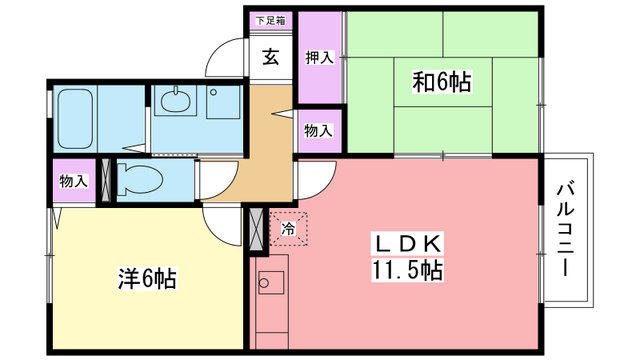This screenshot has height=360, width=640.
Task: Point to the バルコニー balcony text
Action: click(x=566, y=229)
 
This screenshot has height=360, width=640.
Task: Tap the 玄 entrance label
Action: click(x=270, y=57)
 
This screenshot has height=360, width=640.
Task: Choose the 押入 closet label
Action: click(x=320, y=57)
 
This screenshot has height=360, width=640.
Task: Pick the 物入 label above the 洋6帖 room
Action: click(x=73, y=181)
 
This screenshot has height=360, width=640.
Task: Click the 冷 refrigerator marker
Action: click(x=288, y=229)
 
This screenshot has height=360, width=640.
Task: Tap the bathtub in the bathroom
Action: click(x=74, y=118)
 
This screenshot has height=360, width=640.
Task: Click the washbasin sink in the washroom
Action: click(x=176, y=100)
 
